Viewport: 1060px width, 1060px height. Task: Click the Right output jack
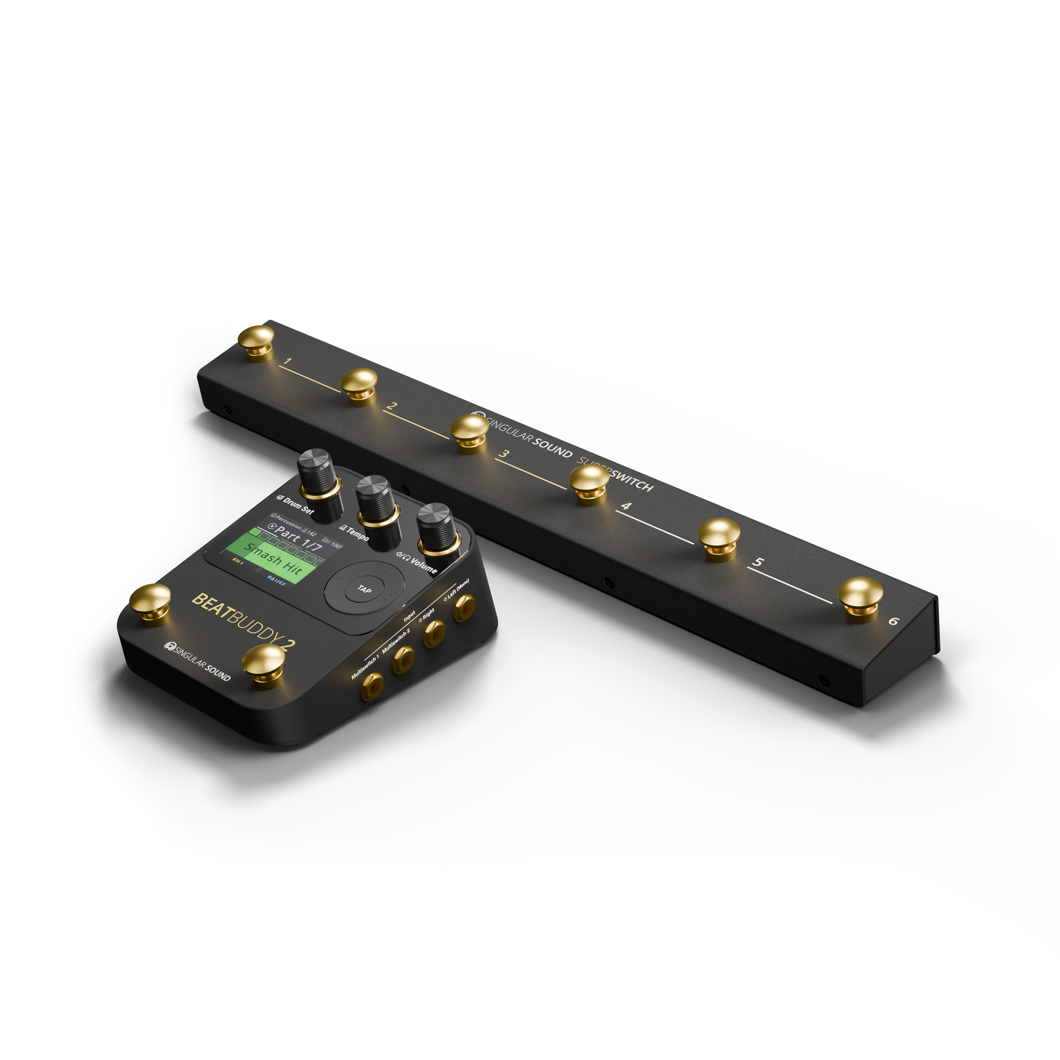(433, 634)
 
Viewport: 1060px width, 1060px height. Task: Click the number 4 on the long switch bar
(626, 505)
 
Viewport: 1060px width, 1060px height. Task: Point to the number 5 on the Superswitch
(758, 562)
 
